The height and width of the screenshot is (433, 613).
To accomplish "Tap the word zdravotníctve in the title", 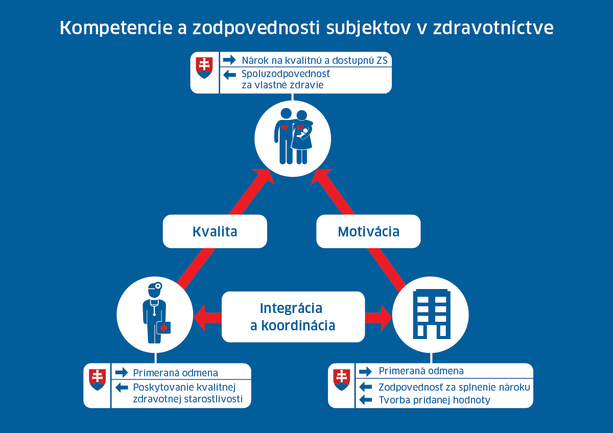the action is (493, 28).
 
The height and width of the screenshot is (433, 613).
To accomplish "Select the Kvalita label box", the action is (215, 231).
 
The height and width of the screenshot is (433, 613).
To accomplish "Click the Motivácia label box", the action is (368, 231).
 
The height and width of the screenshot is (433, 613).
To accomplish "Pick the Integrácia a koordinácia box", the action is (293, 317).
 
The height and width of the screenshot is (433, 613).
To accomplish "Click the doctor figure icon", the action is (156, 313).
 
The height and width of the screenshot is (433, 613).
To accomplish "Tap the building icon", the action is (432, 314).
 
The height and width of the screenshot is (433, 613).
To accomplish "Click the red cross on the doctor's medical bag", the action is (163, 328).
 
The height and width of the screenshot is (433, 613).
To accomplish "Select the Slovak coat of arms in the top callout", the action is (204, 67).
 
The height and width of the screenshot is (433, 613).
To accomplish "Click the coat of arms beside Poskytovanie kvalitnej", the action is (98, 379).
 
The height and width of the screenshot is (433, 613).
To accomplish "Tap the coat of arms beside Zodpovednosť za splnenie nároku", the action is (342, 379).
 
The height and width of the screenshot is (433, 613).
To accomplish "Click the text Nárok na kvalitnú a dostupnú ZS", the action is (315, 60).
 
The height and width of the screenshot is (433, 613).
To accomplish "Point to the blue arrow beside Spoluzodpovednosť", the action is (229, 75).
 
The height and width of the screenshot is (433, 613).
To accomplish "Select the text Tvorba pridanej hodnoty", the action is (434, 400).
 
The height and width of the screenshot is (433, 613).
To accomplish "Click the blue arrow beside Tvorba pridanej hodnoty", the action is (365, 400).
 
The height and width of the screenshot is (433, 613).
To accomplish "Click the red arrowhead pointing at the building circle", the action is (386, 318).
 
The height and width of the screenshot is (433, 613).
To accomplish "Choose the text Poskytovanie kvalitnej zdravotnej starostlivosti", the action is (188, 393).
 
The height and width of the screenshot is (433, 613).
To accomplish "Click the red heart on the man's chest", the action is (285, 127).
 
